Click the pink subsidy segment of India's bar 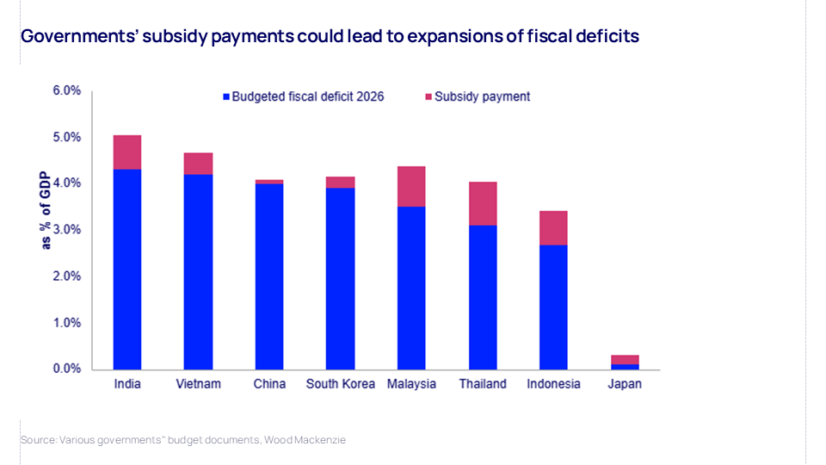coord(127,152)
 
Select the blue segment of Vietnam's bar coord(198,271)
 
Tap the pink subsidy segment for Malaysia coord(411,186)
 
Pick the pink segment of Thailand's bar coord(483,203)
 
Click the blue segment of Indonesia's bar coord(553,307)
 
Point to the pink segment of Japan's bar coord(625,359)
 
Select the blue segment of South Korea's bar coord(341,278)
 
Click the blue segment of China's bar coord(269,276)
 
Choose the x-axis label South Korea coord(341,384)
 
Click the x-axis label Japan coord(625,384)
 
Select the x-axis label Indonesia coord(553,384)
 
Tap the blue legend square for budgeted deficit coord(226,97)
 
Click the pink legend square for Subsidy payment coord(428,97)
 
